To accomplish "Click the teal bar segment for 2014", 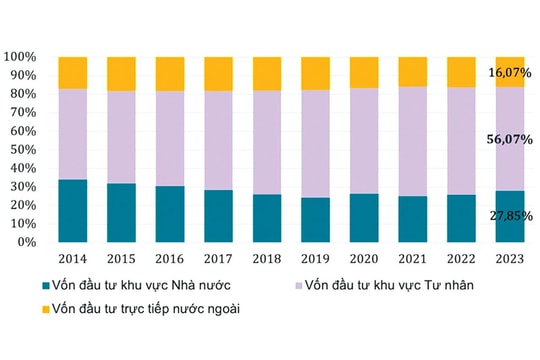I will pyautogui.click(x=72, y=210).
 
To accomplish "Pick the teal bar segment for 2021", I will pyautogui.click(x=412, y=218).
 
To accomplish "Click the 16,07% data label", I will pyautogui.click(x=510, y=73).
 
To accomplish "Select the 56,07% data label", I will pyautogui.click(x=510, y=140).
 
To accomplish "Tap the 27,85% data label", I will pyautogui.click(x=510, y=216).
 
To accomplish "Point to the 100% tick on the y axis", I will pyautogui.click(x=20, y=57).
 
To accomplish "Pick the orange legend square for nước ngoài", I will pyautogui.click(x=35, y=310).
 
